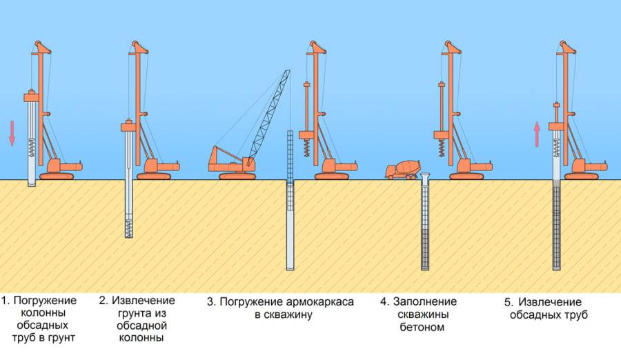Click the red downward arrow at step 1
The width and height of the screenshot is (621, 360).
point(12,132)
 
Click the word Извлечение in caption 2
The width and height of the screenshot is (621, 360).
point(144,301)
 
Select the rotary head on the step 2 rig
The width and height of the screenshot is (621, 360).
point(128,126)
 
